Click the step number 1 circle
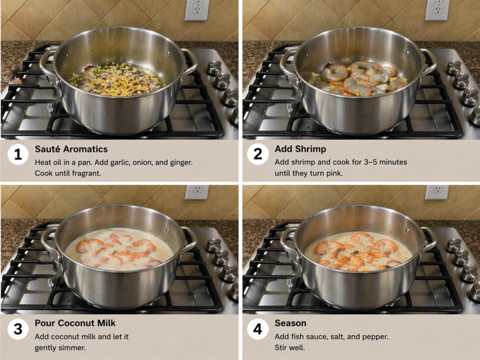18,154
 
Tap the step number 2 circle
258,154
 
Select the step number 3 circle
18,329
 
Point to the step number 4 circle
258,329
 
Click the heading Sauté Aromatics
71,149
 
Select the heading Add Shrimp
300,149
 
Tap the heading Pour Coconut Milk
75,323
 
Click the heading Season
290,323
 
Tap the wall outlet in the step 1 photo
197,9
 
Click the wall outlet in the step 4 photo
437,192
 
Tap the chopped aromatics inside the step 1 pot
117,79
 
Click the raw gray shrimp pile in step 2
359,78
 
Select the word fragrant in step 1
86,173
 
